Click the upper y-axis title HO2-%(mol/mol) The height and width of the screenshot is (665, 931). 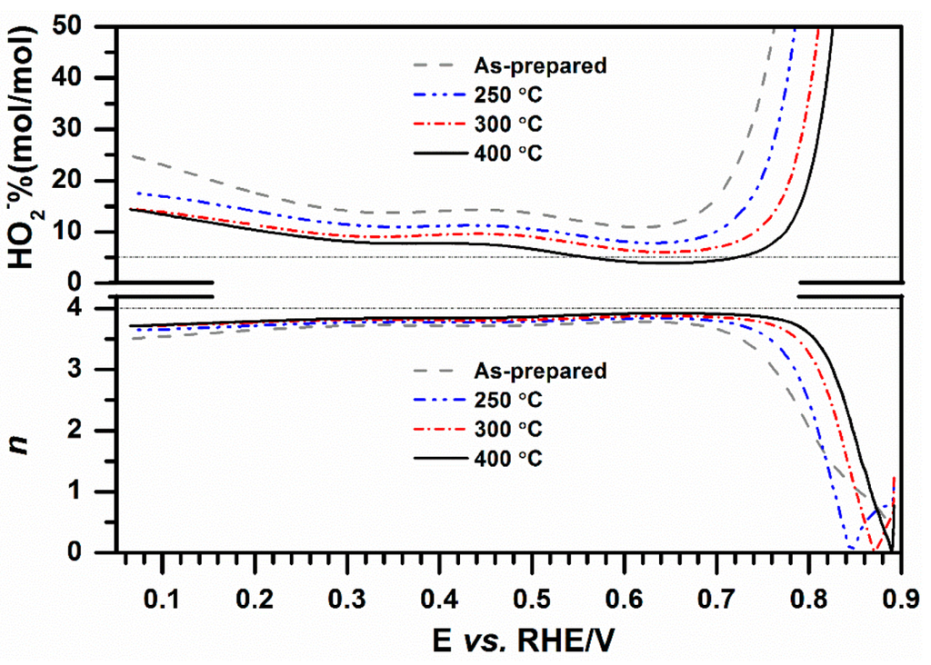point(26,154)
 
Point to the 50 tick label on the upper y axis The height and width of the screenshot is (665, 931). point(90,26)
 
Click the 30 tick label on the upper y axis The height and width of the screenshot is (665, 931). point(90,129)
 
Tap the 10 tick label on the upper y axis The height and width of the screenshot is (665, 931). point(90,233)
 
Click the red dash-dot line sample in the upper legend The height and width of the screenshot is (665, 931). point(435,124)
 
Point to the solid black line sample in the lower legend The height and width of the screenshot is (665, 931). point(435,459)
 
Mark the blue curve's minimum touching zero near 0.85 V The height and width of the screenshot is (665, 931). point(850,548)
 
